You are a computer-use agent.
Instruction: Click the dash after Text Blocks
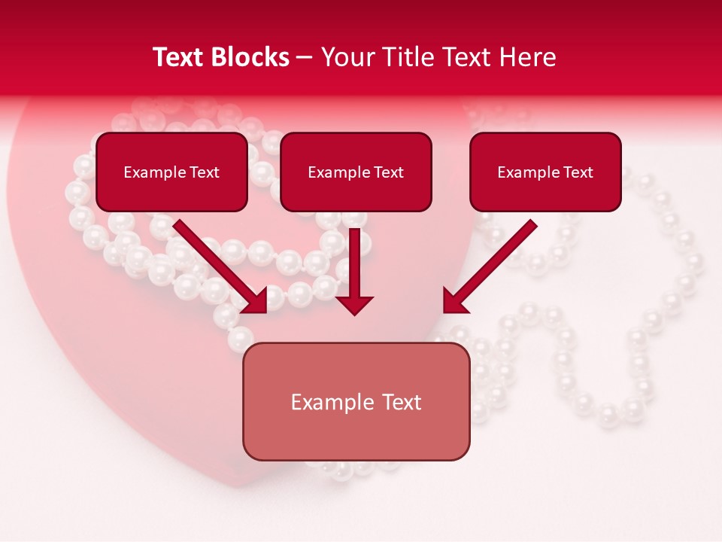305,58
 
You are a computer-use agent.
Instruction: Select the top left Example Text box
171,172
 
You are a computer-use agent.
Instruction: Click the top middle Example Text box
356,172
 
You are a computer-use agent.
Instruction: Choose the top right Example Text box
545,172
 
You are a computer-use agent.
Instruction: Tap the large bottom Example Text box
356,402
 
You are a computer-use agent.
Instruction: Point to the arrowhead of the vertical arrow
354,304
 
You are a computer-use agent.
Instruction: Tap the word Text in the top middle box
388,172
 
